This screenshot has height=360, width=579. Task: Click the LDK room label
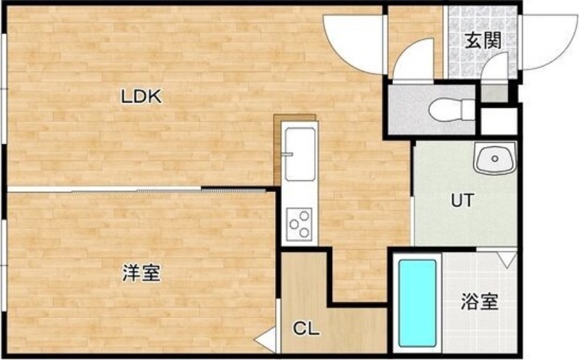(141, 97)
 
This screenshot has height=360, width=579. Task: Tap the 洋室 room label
(141, 274)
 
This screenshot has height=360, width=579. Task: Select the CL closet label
(306, 328)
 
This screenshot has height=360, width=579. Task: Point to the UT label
(462, 201)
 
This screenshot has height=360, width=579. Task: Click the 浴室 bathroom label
(479, 301)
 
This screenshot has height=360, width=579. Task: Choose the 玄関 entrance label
(483, 41)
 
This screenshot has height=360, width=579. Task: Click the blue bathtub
(418, 303)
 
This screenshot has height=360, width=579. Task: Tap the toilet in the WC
(452, 109)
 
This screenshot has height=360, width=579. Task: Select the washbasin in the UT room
(495, 159)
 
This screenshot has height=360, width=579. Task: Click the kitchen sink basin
(300, 154)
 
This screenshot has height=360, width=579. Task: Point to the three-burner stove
(300, 224)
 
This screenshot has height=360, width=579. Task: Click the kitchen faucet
(287, 154)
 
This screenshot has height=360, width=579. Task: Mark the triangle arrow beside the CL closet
(266, 339)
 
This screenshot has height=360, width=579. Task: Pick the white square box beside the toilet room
(499, 122)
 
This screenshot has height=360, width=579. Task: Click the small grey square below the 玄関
(495, 93)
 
